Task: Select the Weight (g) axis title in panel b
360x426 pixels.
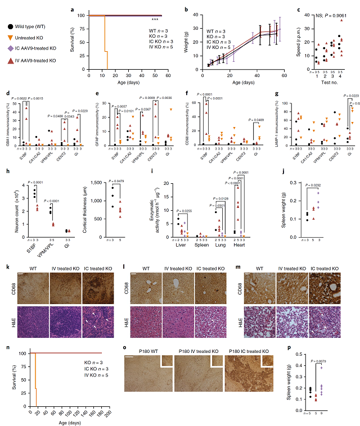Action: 187,40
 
